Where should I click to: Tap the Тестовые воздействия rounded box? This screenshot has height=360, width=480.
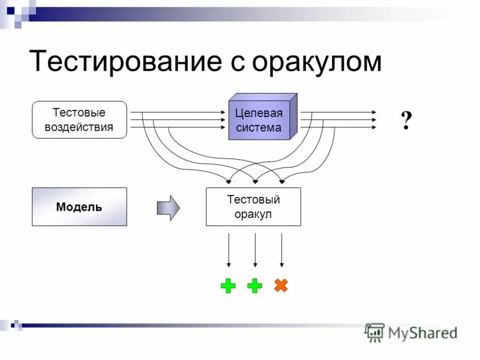click(79, 120)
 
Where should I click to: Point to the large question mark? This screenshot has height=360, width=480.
click(406, 121)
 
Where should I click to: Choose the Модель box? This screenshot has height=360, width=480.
click(79, 207)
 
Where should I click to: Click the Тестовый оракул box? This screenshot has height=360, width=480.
click(253, 207)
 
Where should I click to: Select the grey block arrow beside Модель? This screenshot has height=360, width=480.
click(168, 208)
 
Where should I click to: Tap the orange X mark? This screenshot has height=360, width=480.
click(281, 286)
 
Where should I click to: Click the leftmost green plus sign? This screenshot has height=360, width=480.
click(228, 286)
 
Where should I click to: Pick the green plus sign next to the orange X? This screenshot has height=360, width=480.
click(255, 286)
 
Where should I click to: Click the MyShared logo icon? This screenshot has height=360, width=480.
click(374, 332)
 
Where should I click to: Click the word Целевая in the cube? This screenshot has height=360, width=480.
click(259, 113)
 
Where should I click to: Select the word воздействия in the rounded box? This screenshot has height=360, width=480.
click(79, 127)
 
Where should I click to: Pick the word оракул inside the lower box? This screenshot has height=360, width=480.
click(253, 214)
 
